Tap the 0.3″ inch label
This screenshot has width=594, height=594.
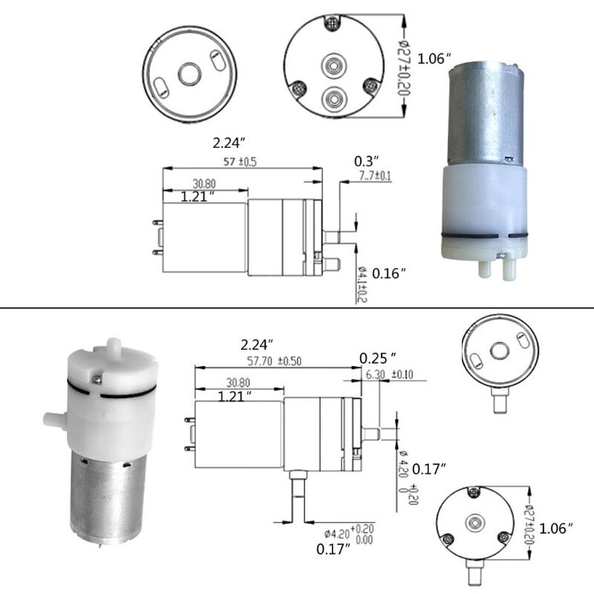coord(366,160)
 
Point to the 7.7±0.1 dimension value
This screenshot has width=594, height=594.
coord(375,175)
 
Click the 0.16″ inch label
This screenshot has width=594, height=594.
coord(388,273)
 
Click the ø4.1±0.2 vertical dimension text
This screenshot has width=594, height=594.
coord(361,285)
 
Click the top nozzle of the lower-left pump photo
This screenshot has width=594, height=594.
coord(113,347)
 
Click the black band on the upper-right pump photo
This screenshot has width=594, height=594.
coord(484,237)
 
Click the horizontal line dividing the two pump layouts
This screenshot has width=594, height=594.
coord(297,307)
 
